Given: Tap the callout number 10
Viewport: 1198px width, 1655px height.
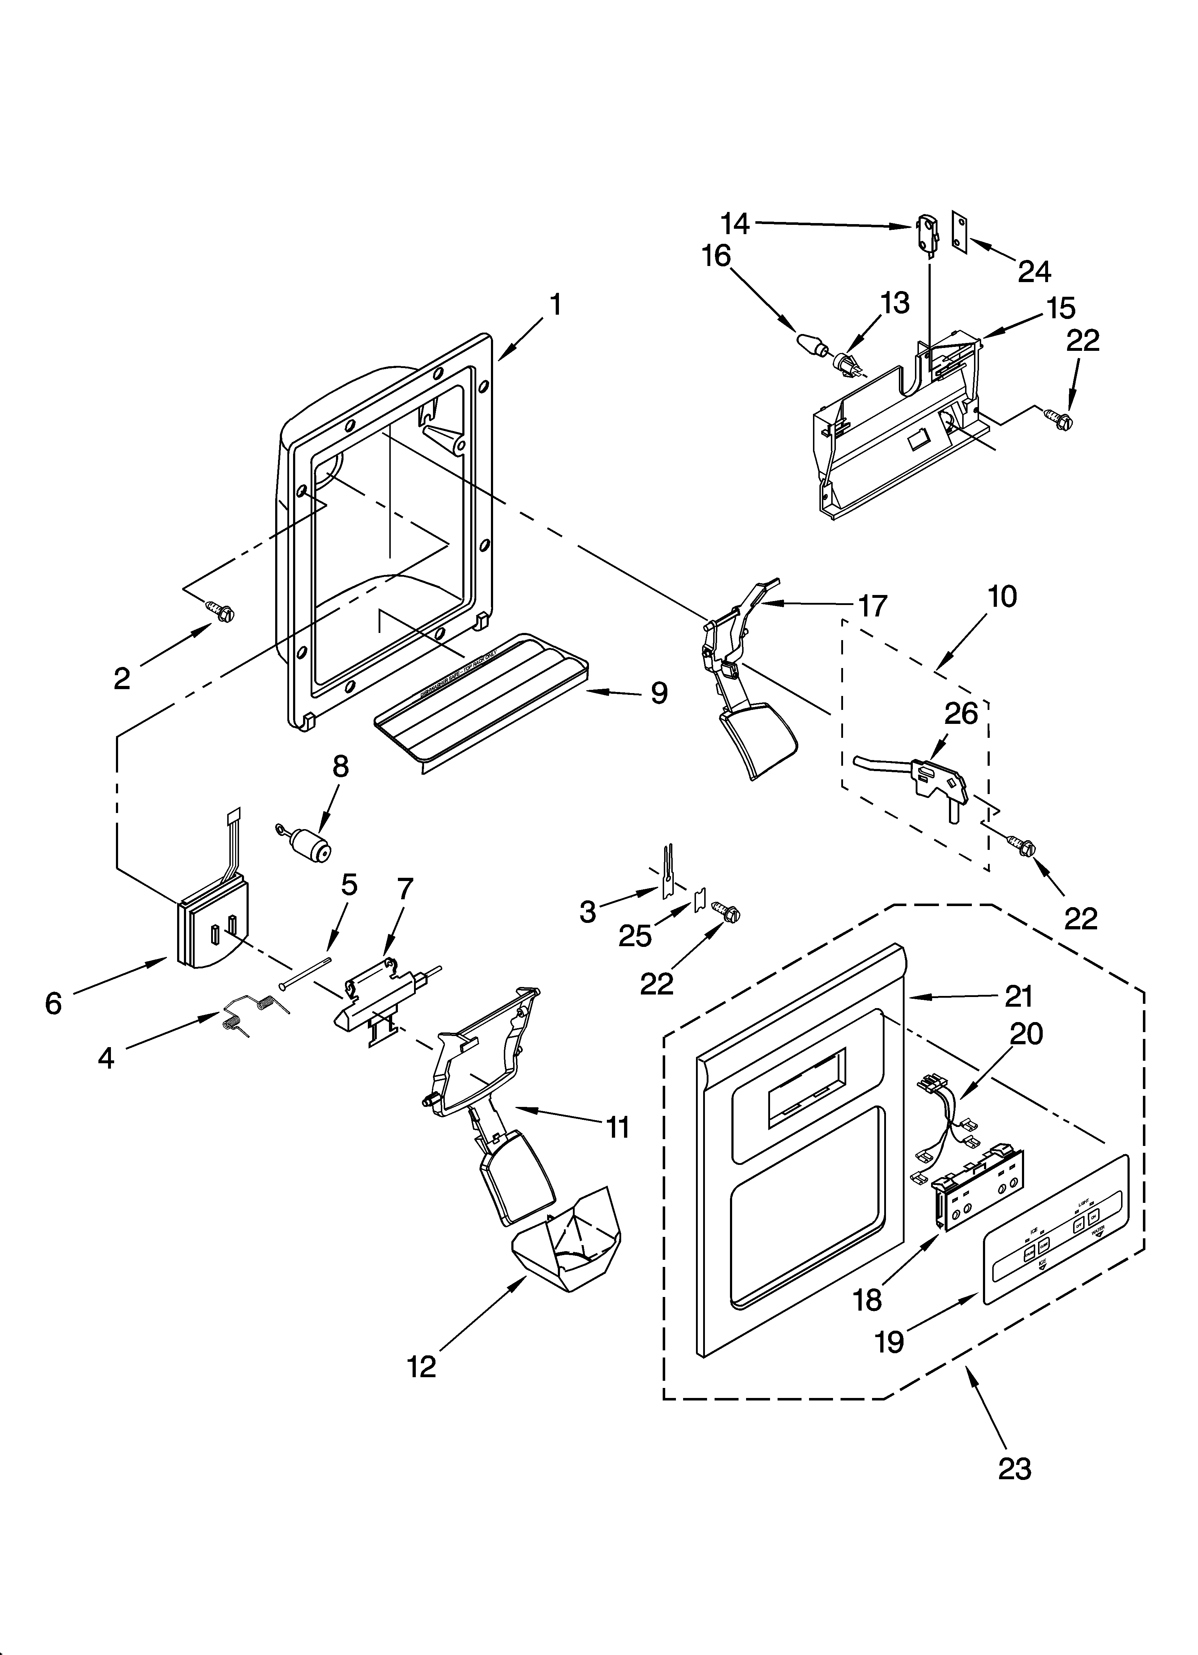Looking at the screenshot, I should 1003,596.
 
